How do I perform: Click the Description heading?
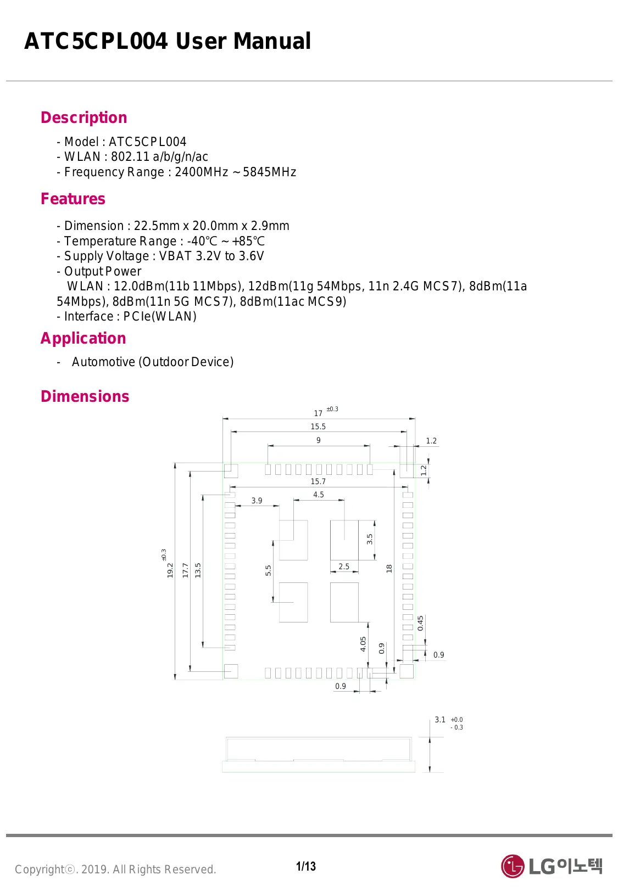(83, 117)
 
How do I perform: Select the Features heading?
(73, 199)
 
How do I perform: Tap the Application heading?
(83, 338)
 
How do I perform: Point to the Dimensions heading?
(85, 396)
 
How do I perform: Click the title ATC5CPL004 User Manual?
(168, 41)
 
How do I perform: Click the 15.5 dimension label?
(318, 427)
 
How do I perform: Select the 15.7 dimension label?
(318, 481)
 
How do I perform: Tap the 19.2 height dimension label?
(170, 570)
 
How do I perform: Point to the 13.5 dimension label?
(198, 570)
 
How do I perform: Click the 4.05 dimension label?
(363, 644)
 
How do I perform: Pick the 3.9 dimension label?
(257, 501)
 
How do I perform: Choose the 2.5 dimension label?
(344, 566)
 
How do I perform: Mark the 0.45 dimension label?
(420, 623)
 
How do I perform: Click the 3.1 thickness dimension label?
(440, 720)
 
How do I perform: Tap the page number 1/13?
(306, 866)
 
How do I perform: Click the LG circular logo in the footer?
(513, 866)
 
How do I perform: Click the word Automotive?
(103, 362)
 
